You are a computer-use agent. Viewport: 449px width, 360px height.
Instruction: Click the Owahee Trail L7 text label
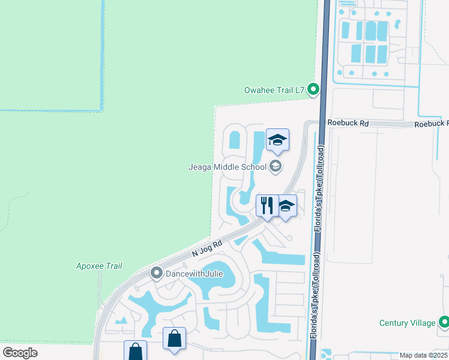coord(274,90)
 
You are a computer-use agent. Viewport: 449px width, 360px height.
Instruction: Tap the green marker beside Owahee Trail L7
coord(313,90)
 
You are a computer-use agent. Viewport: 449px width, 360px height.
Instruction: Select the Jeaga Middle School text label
coord(228,167)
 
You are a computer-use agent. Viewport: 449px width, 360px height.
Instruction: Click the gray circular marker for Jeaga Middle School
coord(276,167)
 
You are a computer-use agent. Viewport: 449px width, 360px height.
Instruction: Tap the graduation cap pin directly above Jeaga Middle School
coord(277,140)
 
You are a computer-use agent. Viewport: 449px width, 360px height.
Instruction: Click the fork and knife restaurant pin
coord(267,206)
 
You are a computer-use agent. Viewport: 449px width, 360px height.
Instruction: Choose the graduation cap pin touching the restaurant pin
coord(286,206)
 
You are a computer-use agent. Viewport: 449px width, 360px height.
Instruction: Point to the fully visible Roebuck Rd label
coord(348,122)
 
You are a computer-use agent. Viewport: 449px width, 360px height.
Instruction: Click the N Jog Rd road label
coord(208,249)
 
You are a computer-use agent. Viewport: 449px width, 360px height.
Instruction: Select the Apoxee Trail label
coord(99,266)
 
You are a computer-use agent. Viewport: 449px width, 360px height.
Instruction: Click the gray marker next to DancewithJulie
coord(156,274)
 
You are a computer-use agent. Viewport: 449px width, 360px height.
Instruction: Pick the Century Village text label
coord(407,323)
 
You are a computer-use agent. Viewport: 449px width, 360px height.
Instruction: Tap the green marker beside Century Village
coord(444,323)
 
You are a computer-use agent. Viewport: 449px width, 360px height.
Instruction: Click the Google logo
coord(20,352)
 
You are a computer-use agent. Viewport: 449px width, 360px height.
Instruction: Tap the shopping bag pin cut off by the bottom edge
coord(135,351)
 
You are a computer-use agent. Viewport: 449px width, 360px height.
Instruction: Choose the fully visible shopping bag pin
coord(174,338)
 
